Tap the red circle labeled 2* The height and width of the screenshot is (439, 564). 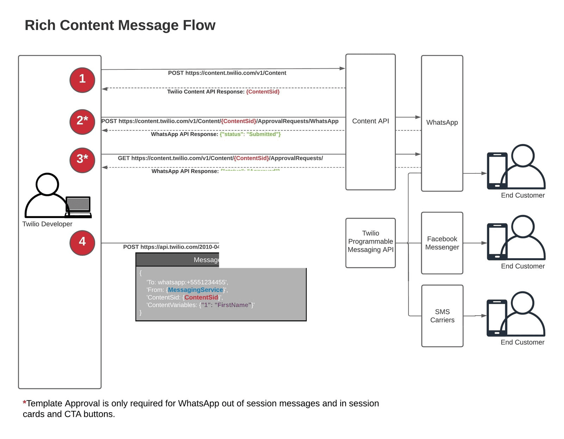point(82,122)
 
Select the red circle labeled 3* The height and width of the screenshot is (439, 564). point(82,160)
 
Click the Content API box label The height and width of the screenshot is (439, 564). point(370,121)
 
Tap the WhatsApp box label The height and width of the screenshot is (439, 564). point(442,123)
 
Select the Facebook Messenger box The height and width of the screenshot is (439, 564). point(442,243)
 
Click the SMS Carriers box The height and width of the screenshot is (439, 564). point(442,316)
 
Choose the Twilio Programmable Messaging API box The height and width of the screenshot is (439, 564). point(370,242)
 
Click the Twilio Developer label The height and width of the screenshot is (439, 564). point(47,224)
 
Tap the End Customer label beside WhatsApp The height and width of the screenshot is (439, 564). point(523,196)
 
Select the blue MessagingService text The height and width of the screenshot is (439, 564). point(195,290)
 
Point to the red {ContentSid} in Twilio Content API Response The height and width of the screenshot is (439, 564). point(263,92)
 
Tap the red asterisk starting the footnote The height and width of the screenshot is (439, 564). point(24,402)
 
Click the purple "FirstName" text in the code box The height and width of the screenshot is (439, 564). point(233,305)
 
